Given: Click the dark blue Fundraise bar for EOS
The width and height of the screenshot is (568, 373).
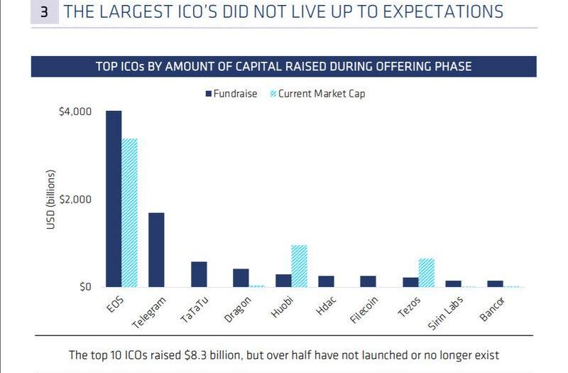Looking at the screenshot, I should point(114,199).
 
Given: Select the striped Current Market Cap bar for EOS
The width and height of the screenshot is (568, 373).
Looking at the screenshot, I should point(129,213).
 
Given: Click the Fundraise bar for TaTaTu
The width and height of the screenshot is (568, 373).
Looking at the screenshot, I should point(199,274).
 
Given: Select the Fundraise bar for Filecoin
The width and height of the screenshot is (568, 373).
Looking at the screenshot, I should point(368,281).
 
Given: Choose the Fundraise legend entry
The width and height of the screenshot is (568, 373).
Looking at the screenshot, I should point(231,93).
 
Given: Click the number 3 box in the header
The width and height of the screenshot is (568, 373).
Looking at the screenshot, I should point(43,13).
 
